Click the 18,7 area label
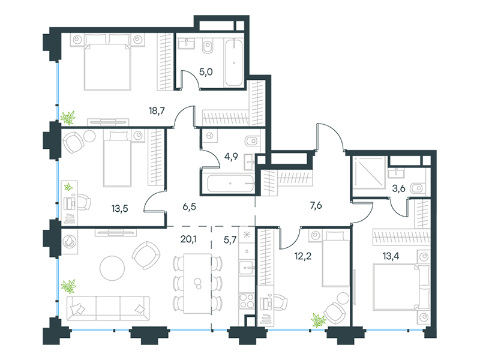tap(157, 110)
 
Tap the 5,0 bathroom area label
tap(206, 72)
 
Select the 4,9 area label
tap(231, 157)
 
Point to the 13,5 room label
tap(119, 209)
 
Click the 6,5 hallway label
tap(189, 206)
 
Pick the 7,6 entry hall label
tap(316, 205)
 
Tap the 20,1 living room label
tap(188, 239)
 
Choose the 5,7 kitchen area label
tap(230, 240)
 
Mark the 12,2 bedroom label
tap(303, 256)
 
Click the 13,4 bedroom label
tap(391, 256)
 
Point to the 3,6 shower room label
tap(398, 188)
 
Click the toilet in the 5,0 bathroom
tap(208, 47)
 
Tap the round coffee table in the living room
tap(112, 268)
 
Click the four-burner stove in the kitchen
tap(247, 301)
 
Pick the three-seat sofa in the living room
tap(108, 308)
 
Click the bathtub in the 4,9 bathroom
tap(230, 184)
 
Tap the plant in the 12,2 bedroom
tap(319, 320)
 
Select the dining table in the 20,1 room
tap(197, 283)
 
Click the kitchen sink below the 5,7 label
tap(247, 268)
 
